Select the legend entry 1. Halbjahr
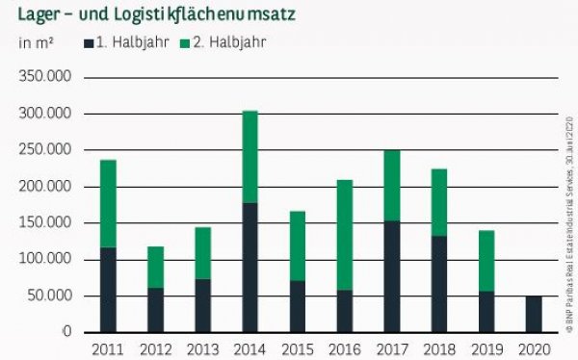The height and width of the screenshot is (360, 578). [126, 43]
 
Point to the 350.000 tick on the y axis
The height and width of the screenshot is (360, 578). [46, 78]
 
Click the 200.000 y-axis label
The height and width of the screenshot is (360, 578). [46, 187]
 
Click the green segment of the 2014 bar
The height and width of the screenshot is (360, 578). [250, 157]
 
